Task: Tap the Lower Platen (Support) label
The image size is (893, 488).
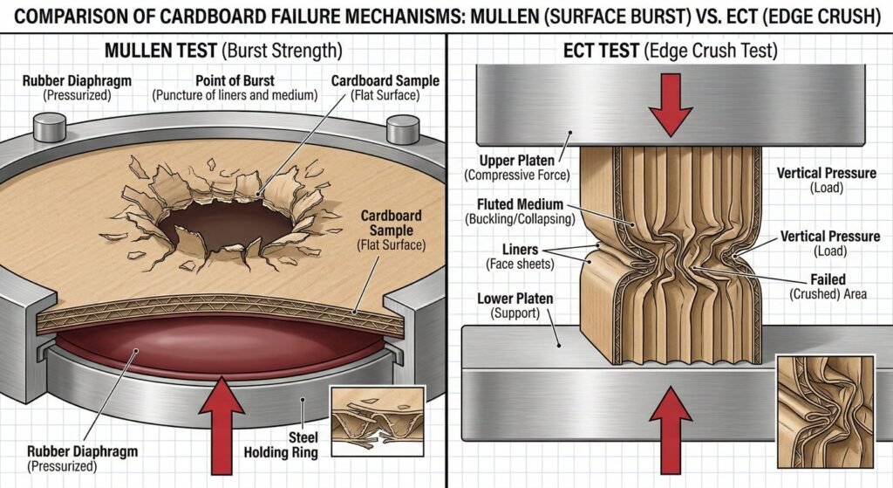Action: pos(515,306)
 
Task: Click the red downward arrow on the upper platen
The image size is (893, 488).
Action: pos(670,105)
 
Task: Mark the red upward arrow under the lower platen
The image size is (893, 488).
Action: pos(670,436)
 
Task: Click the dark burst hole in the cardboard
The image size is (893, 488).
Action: pos(229,220)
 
